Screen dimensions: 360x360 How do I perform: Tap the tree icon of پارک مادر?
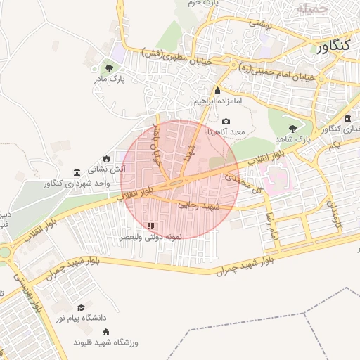(109, 67)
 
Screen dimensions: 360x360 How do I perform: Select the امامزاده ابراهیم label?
(218, 101)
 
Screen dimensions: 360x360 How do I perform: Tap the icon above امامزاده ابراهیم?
(217, 90)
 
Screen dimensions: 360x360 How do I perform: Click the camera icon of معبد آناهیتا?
(226, 121)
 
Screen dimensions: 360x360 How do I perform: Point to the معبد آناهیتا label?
(226, 131)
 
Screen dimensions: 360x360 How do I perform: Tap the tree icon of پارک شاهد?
(292, 127)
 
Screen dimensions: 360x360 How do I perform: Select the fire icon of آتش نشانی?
(106, 158)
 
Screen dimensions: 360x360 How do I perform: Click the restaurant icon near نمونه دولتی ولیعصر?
(150, 226)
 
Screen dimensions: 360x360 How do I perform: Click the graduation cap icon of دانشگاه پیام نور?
(82, 307)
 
